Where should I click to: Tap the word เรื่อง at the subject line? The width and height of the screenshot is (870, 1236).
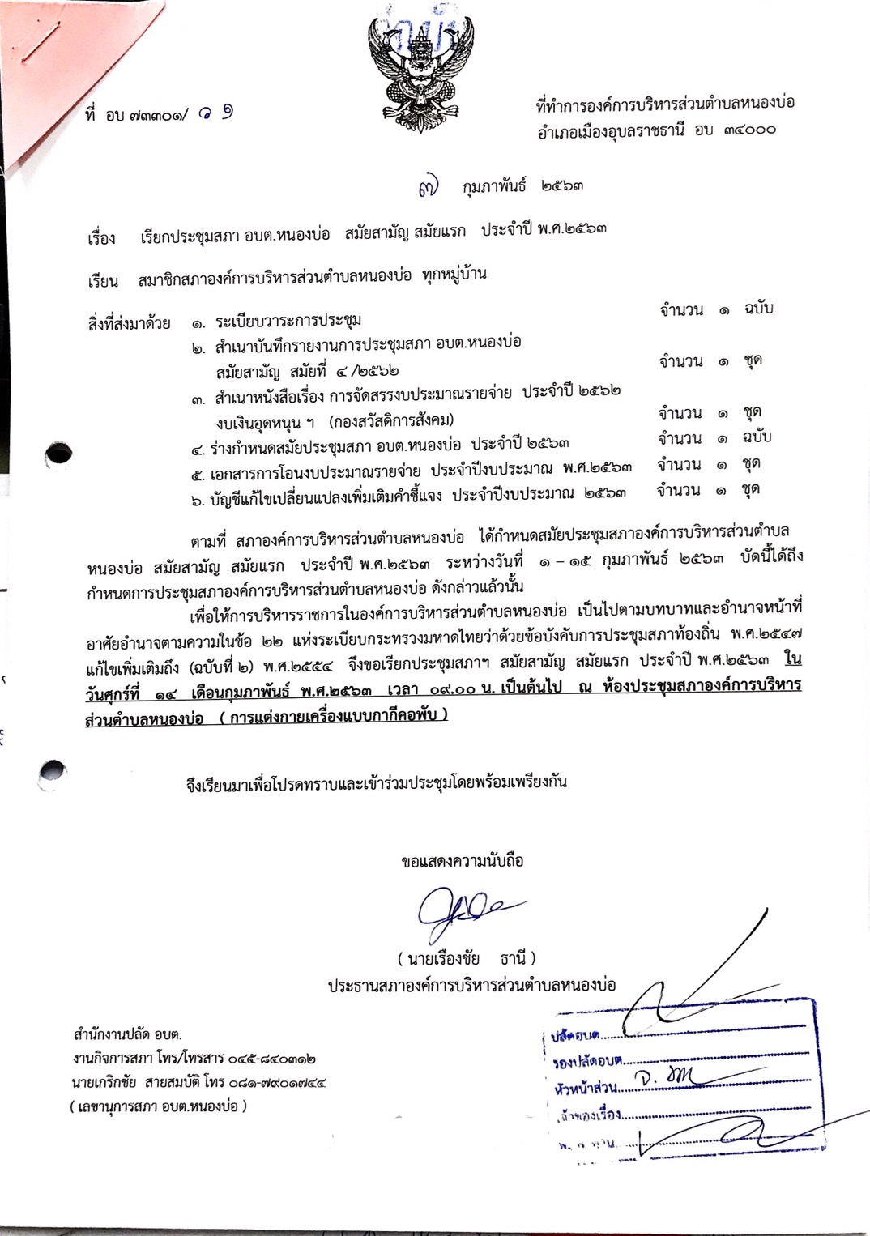(x=102, y=238)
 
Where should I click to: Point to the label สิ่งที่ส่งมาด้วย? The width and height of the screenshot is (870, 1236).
(x=129, y=323)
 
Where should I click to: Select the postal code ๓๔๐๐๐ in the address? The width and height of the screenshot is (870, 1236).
(x=745, y=130)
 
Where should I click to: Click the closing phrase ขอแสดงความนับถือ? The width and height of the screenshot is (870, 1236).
(x=462, y=861)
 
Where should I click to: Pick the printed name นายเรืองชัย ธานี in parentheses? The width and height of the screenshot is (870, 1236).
(x=467, y=959)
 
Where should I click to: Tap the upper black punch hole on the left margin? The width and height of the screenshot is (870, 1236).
(x=59, y=454)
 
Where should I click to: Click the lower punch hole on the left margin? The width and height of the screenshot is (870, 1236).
(x=53, y=772)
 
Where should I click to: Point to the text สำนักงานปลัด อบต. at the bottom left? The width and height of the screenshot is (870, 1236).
(x=127, y=1034)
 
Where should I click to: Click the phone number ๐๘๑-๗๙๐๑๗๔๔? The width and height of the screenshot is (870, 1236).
(x=271, y=1082)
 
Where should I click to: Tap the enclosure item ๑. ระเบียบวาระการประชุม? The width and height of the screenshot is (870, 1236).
(x=276, y=322)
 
